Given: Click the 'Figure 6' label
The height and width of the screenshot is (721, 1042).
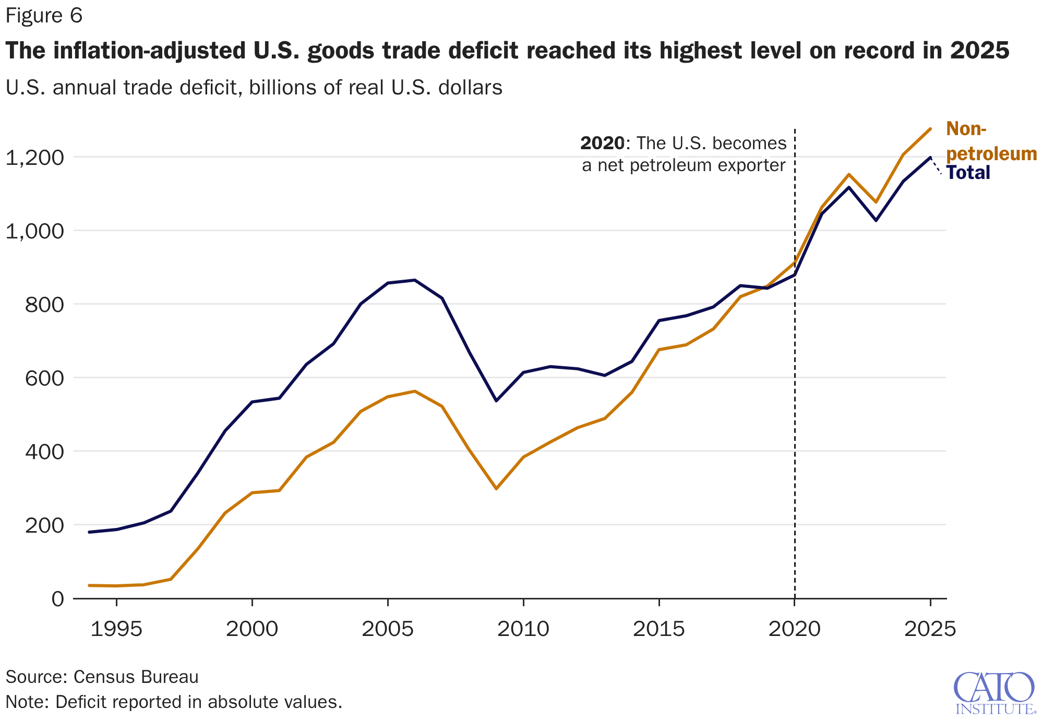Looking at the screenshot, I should pyautogui.click(x=44, y=16).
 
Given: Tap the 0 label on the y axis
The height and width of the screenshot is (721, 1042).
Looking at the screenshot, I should pyautogui.click(x=58, y=598).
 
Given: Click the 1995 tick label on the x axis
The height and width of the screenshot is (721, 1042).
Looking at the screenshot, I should pyautogui.click(x=116, y=629).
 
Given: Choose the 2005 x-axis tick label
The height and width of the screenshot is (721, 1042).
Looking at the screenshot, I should pyautogui.click(x=388, y=629).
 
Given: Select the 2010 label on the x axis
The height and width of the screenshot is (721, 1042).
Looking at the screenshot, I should pyautogui.click(x=523, y=629).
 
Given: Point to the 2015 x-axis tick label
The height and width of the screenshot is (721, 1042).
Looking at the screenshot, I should pyautogui.click(x=659, y=629).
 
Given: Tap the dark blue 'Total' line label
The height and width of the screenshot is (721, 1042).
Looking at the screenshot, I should pyautogui.click(x=968, y=173).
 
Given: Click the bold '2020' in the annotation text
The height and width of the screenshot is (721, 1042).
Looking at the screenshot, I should pyautogui.click(x=602, y=143).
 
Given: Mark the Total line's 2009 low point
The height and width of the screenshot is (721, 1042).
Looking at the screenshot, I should pyautogui.click(x=496, y=401).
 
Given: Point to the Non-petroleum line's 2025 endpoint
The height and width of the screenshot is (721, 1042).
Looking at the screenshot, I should pyautogui.click(x=930, y=129).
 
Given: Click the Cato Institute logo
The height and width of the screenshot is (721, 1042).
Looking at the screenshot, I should pyautogui.click(x=995, y=693).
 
